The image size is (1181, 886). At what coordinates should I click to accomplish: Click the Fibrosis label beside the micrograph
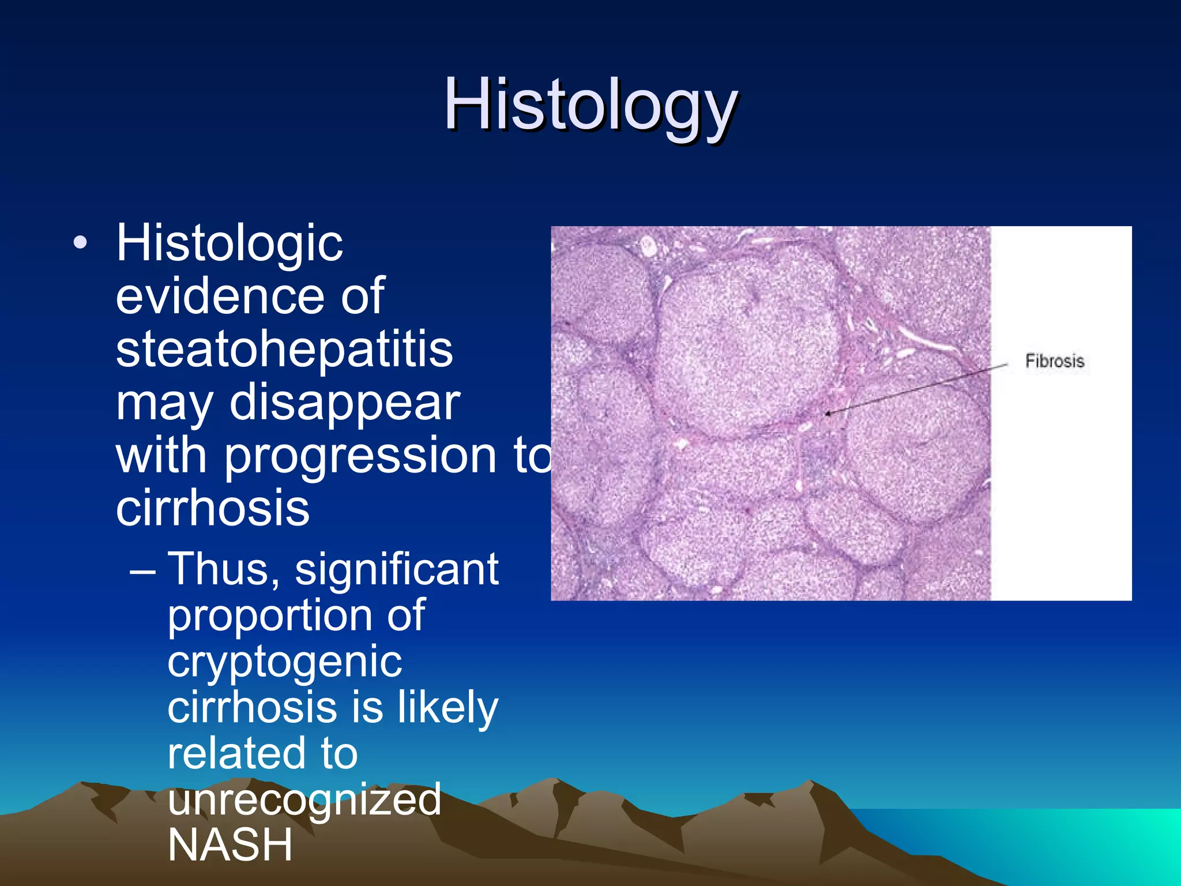click(1054, 361)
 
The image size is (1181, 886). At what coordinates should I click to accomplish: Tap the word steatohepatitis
click(284, 350)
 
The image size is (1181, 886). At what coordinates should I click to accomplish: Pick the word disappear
click(345, 403)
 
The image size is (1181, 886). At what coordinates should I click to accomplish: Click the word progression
click(360, 456)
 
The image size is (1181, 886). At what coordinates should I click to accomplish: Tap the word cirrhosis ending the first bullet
click(213, 508)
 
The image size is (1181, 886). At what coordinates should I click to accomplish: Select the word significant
click(397, 570)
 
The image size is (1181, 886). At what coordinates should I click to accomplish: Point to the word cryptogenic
click(284, 662)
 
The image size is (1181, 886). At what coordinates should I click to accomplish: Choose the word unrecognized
click(304, 800)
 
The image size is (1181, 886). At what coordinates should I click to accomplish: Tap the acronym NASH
click(230, 845)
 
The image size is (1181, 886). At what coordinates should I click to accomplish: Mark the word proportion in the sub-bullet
click(296, 616)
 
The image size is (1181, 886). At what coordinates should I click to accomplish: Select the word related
click(235, 754)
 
